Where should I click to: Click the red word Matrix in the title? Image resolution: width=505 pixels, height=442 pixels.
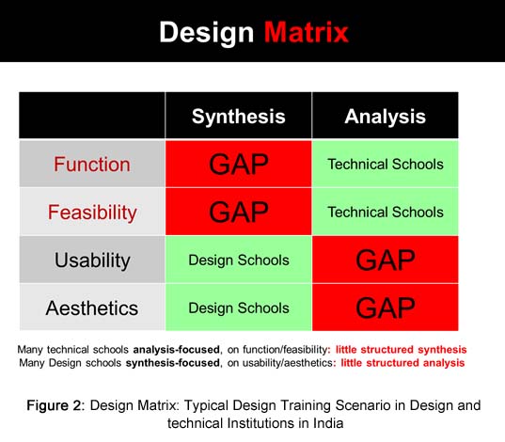(x=307, y=32)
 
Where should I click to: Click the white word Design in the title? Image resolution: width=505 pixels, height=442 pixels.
(x=207, y=33)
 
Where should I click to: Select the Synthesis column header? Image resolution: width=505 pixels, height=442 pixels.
(x=239, y=117)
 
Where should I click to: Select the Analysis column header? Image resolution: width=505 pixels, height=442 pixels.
(x=386, y=117)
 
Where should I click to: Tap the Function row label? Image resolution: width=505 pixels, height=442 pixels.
(x=92, y=165)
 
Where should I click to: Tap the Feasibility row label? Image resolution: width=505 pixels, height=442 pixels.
(x=92, y=213)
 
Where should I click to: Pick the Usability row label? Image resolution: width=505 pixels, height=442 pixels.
(x=92, y=260)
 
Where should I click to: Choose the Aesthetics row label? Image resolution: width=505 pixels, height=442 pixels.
(x=92, y=308)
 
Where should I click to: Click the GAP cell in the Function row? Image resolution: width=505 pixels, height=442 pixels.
(x=239, y=164)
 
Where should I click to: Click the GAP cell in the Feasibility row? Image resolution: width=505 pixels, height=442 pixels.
(x=239, y=212)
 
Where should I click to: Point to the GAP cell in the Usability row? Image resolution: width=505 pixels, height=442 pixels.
(x=386, y=260)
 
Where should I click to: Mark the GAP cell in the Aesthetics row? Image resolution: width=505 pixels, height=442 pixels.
(x=386, y=308)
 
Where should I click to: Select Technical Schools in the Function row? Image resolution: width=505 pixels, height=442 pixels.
(x=386, y=165)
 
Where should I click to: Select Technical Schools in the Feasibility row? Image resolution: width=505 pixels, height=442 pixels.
(x=386, y=213)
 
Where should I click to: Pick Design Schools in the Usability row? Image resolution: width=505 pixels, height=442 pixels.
(x=239, y=260)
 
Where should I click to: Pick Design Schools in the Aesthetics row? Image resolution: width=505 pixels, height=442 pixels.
(x=239, y=308)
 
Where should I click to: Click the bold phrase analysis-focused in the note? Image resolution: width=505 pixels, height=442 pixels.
(x=177, y=350)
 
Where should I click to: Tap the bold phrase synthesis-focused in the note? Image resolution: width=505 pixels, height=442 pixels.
(x=173, y=363)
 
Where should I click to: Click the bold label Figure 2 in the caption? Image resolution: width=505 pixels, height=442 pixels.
(x=55, y=405)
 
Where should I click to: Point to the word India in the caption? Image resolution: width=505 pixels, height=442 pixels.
(x=328, y=423)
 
